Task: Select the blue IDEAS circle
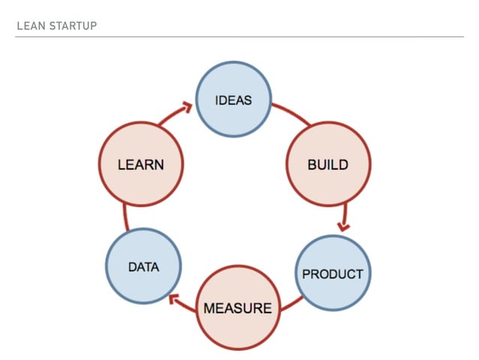[233, 99]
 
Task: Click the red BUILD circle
[328, 164]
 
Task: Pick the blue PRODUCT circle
[332, 274]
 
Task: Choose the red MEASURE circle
[237, 307]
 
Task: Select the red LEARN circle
[140, 164]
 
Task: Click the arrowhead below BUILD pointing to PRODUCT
[344, 225]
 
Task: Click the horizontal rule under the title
[239, 36]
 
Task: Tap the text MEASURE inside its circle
[237, 308]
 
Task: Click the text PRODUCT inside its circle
[332, 274]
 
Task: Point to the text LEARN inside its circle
[140, 164]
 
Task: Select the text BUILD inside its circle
[328, 165]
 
